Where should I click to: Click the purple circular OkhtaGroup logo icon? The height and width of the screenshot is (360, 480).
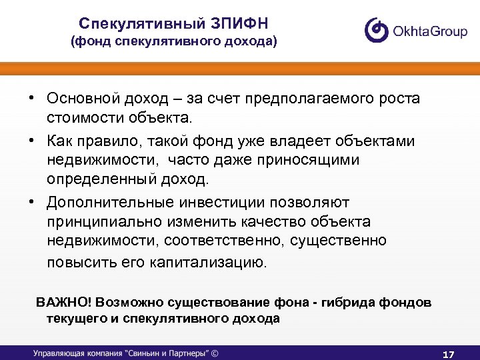[377, 30]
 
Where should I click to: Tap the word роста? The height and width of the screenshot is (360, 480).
[397, 99]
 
